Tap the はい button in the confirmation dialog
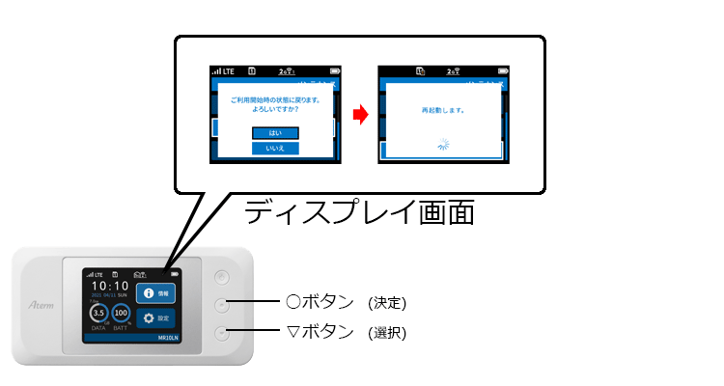coord(275,132)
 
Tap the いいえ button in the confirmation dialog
coord(275,149)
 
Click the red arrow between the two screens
coord(359,116)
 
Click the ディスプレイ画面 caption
coord(358,211)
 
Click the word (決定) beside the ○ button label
coord(387,303)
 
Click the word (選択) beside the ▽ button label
coord(387,334)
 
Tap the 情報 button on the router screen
coord(155,292)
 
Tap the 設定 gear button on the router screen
coord(155,317)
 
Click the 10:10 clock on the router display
coord(110,286)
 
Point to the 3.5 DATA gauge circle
coord(98,315)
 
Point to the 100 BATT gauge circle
coord(122,315)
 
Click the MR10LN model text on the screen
coord(169,339)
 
